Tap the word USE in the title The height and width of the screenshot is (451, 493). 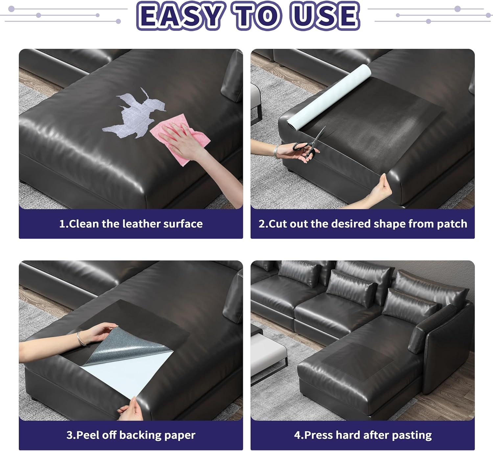click(x=324, y=16)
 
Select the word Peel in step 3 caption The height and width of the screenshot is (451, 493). click(x=88, y=435)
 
